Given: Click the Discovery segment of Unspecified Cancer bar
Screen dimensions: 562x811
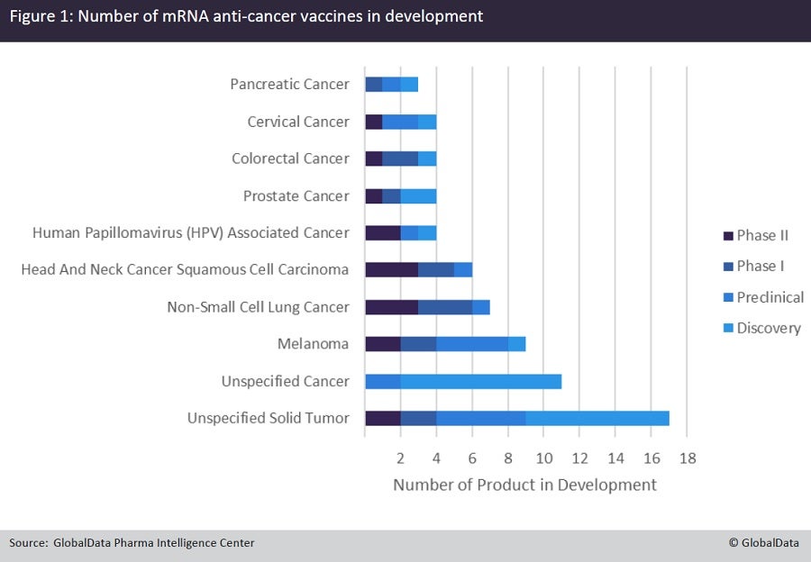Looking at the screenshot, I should tap(480, 381).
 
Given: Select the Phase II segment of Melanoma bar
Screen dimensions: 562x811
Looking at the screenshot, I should tap(382, 343).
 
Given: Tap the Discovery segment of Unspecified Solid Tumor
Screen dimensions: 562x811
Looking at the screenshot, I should tap(597, 418).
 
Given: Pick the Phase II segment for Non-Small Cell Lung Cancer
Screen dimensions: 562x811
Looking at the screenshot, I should tap(391, 307).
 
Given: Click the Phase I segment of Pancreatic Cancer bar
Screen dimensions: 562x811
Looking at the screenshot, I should tap(373, 85).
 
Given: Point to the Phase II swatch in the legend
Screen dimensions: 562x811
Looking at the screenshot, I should tap(727, 236).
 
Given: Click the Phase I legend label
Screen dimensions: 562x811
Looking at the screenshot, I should tap(761, 266).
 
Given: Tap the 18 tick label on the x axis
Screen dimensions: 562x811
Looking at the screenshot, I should tap(687, 457).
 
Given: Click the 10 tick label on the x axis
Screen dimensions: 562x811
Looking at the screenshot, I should tap(543, 457).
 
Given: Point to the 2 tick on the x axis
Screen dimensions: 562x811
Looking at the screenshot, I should tap(400, 457).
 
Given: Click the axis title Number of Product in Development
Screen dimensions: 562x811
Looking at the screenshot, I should tap(524, 485).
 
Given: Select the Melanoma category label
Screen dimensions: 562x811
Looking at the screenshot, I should tap(314, 344).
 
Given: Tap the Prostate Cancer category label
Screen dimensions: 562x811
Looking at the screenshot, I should tap(296, 195).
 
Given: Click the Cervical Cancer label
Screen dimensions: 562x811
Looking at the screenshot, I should tap(298, 122).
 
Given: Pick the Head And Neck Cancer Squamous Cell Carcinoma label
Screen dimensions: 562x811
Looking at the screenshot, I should tap(185, 269).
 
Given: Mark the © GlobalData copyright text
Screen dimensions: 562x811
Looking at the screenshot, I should tap(763, 542).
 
